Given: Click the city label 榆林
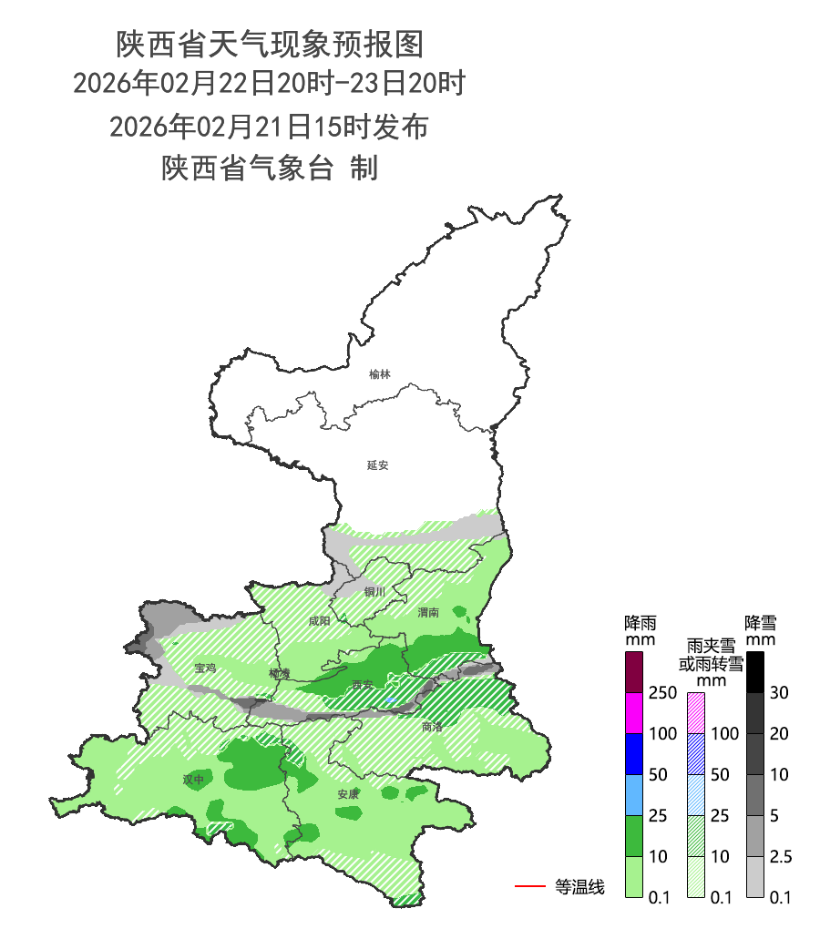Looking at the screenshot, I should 380,374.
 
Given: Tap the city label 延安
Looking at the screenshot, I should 378,465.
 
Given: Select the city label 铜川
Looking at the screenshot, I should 374,592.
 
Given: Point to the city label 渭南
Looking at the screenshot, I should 428,613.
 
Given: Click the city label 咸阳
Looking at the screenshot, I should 319,621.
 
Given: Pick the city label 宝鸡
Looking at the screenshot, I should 205,669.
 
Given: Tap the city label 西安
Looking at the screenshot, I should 364,685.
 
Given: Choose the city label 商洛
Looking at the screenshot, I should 432,727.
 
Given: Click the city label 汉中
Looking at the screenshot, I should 193,780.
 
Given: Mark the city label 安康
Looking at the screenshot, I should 348,794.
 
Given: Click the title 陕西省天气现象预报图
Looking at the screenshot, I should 270,43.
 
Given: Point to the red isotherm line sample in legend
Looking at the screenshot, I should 529,886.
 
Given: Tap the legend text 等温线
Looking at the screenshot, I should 579,886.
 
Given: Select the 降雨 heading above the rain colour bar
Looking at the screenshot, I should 641,631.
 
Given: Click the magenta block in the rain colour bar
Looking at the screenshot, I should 635,712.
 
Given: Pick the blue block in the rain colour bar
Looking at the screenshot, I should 635,753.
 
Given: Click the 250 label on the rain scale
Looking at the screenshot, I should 662,693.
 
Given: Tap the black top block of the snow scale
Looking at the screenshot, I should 754,672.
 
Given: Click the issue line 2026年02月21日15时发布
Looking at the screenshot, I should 269,127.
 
